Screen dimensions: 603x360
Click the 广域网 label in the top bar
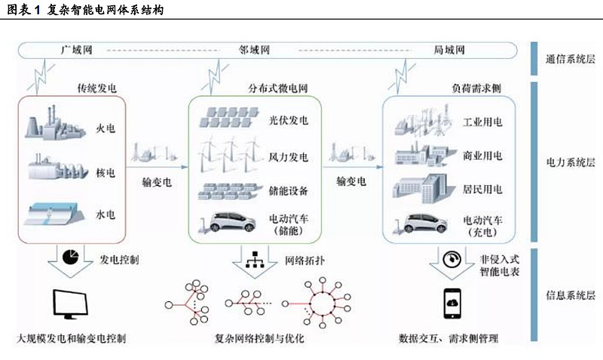tap(77, 50)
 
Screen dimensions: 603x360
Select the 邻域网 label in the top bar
tap(254, 50)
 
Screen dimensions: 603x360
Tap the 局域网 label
tap(449, 50)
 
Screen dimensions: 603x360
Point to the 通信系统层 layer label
tap(571, 59)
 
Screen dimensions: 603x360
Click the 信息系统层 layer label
tap(571, 295)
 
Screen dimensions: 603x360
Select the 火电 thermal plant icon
tap(55, 124)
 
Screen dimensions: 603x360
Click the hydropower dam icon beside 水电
tap(54, 214)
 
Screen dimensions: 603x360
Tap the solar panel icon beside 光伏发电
tap(229, 117)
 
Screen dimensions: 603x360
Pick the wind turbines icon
tap(231, 154)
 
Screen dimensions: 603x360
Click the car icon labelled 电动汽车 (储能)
tap(228, 222)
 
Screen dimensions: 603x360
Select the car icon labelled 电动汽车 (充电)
tap(421, 223)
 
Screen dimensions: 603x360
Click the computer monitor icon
tap(70, 304)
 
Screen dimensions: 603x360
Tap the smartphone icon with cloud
tap(452, 304)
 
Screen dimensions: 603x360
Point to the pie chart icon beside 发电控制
tap(70, 257)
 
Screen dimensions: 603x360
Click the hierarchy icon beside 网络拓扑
tap(255, 260)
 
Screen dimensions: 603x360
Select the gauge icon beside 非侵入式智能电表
tap(451, 259)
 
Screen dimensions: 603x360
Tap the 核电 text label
tap(106, 173)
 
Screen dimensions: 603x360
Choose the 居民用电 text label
tap(482, 189)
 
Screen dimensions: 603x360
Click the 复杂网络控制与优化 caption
tap(259, 338)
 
